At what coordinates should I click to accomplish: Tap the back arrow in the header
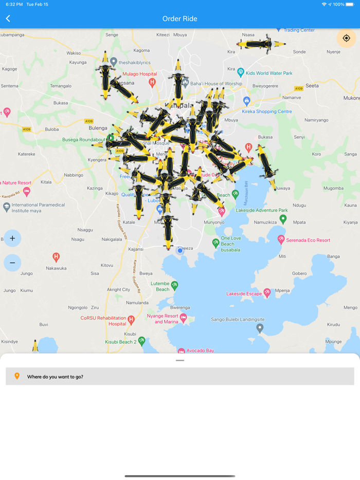(x=8, y=19)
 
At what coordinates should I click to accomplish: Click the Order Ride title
(x=179, y=19)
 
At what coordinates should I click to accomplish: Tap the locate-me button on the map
(x=346, y=38)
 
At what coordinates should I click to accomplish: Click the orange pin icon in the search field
(x=17, y=376)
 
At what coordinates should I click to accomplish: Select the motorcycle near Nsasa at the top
(x=261, y=44)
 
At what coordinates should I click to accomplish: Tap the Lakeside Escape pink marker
(x=267, y=293)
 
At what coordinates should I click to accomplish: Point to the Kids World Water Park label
(x=269, y=73)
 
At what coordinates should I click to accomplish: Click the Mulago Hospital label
(x=140, y=74)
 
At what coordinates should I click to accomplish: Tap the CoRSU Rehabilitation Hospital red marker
(x=131, y=320)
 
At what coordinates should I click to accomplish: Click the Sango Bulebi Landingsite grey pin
(x=260, y=328)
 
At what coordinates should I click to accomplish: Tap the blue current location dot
(x=180, y=251)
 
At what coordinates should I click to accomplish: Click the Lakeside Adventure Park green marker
(x=283, y=219)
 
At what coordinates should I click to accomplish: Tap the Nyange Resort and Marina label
(x=163, y=319)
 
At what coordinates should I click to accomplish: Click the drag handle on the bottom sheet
(x=180, y=360)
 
